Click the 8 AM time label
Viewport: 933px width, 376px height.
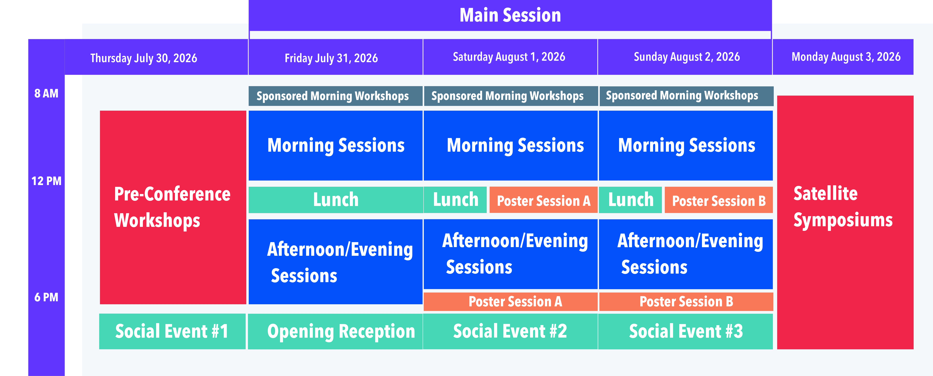pos(46,93)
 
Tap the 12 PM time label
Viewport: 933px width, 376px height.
pos(46,181)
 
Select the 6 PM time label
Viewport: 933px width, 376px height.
pos(46,297)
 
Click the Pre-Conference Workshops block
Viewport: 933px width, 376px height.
pos(173,208)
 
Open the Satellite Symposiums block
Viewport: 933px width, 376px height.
pos(845,222)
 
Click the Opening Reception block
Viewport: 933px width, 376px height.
pos(335,331)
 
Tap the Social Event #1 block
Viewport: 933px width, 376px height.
pos(172,331)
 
